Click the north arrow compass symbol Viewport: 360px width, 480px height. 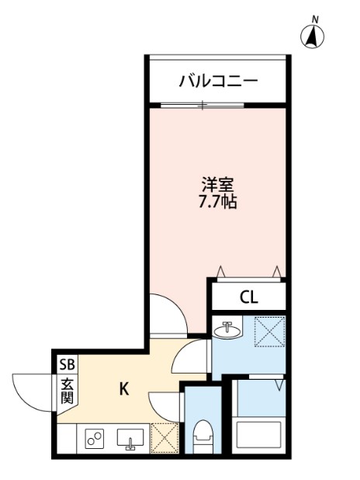tap(313, 36)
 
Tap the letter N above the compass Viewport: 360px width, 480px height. tap(315, 17)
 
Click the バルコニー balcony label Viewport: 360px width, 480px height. tap(217, 80)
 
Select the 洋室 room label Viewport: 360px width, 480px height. tap(217, 186)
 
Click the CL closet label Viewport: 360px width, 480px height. tap(248, 297)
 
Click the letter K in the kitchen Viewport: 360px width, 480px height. tap(123, 389)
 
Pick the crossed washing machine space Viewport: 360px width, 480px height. tap(270, 332)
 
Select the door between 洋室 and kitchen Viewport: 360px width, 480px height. tap(167, 315)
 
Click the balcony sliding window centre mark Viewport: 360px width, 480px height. tap(202, 105)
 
